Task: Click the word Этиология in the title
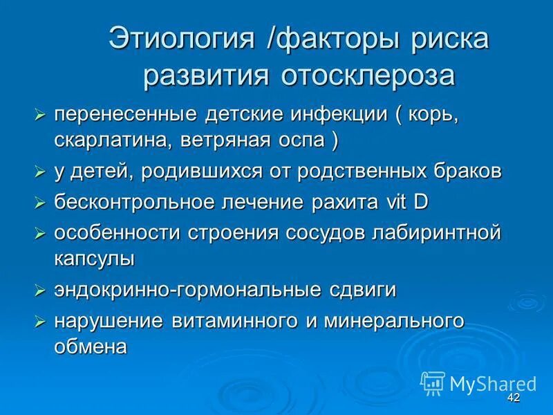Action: [x=181, y=39]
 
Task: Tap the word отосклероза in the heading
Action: [x=368, y=75]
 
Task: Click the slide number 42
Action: [x=513, y=398]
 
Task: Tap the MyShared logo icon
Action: [x=433, y=382]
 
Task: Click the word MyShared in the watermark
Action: [x=493, y=383]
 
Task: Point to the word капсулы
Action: [x=93, y=258]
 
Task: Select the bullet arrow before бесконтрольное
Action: [x=40, y=203]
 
